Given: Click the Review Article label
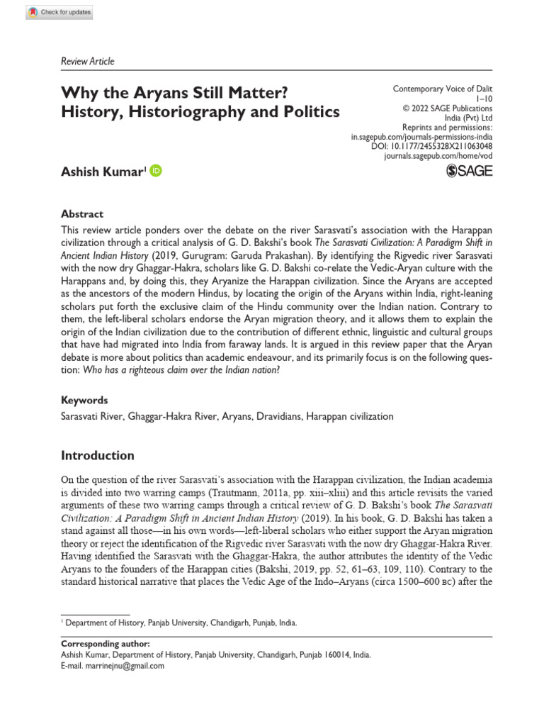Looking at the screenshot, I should tap(89, 62).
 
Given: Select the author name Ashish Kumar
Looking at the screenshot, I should tap(103, 171).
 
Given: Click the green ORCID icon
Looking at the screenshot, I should tap(156, 171).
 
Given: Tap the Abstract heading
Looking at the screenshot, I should tap(82, 213).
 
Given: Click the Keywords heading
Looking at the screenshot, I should tap(85, 400).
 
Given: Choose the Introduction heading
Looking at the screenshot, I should tap(98, 455).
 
